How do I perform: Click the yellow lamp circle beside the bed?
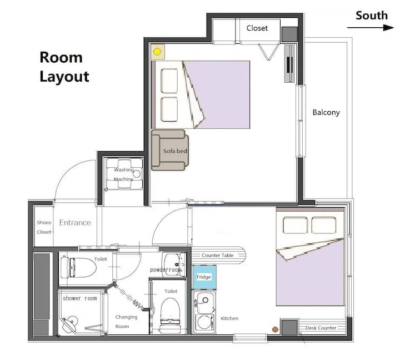[x=157, y=52]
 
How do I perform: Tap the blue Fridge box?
[x=204, y=277]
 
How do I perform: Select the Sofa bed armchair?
[x=170, y=150]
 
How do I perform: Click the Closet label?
[x=257, y=28]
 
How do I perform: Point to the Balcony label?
[x=326, y=113]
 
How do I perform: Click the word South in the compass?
[x=372, y=16]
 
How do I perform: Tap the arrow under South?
[x=371, y=28]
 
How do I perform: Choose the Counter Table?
[x=219, y=255]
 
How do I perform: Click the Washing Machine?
[x=124, y=174]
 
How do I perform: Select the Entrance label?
[x=75, y=222]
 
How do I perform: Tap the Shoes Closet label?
[x=44, y=227]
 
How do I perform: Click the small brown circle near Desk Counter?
[x=275, y=329]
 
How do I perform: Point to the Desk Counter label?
[x=321, y=328]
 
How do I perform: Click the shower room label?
[x=80, y=298]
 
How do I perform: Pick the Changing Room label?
[x=126, y=322]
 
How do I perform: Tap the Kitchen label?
[x=229, y=318]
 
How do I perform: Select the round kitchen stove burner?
[x=204, y=322]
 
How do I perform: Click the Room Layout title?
[x=64, y=67]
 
